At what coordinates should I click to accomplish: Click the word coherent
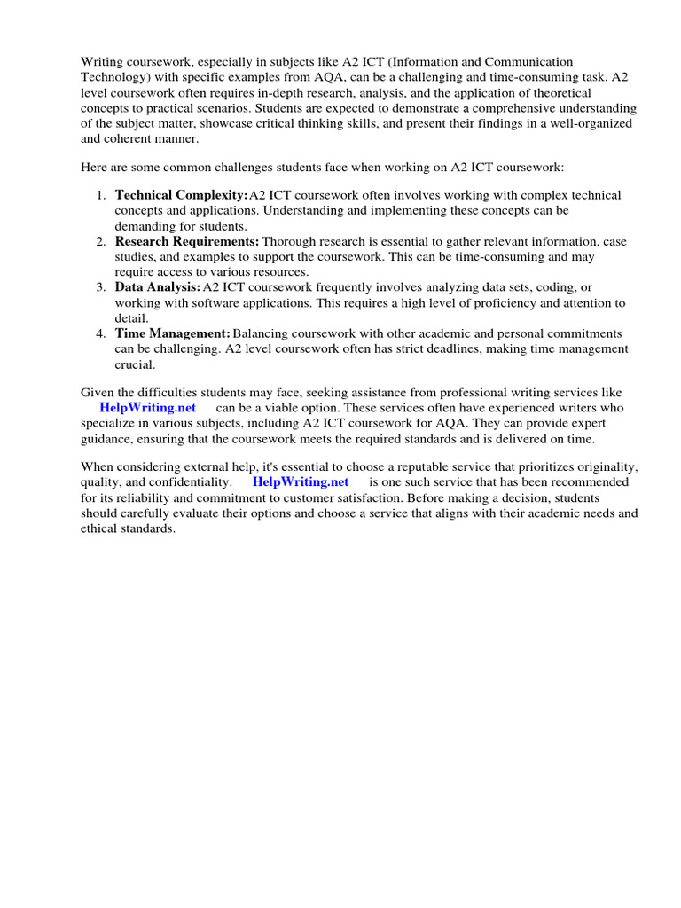click(132, 139)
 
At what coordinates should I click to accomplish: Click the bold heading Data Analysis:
click(158, 287)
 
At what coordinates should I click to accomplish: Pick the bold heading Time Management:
click(173, 333)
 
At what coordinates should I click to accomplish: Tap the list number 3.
click(101, 287)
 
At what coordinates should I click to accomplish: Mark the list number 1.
click(101, 195)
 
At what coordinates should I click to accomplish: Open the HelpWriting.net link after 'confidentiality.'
click(301, 482)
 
